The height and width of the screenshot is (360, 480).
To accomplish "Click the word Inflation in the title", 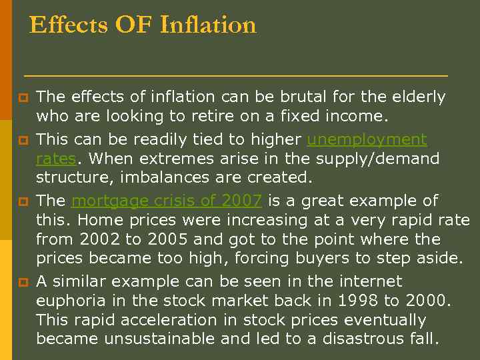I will click(x=208, y=25).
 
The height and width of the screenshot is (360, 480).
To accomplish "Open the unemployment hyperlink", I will click(x=367, y=139).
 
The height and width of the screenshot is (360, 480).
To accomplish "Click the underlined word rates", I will click(x=56, y=159).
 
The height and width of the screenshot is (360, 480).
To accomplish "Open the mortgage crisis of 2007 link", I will click(x=166, y=201).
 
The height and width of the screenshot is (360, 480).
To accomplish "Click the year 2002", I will click(x=96, y=239).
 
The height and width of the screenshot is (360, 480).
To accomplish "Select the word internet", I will click(x=371, y=281).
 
